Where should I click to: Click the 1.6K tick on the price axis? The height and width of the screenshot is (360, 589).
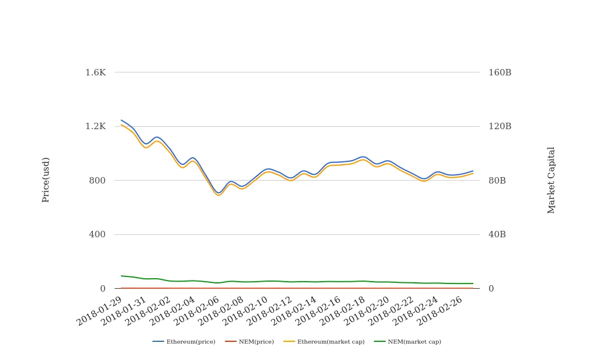[x=95, y=72]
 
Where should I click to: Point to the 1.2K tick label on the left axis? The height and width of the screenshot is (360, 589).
[x=95, y=126]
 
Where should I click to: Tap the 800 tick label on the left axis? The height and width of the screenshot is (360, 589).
[x=97, y=181]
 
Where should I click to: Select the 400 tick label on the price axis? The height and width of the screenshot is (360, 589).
[x=97, y=234]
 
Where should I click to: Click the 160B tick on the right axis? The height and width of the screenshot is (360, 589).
[x=500, y=72]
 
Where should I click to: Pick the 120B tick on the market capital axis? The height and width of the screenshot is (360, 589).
[x=500, y=126]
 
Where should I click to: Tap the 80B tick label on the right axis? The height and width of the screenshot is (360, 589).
[x=497, y=181]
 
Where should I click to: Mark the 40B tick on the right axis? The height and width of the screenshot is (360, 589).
[x=497, y=234]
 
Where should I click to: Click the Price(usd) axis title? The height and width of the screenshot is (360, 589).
[x=46, y=180]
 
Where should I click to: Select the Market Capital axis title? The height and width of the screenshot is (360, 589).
[x=551, y=180]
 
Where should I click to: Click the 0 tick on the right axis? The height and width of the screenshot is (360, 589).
[x=491, y=289]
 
